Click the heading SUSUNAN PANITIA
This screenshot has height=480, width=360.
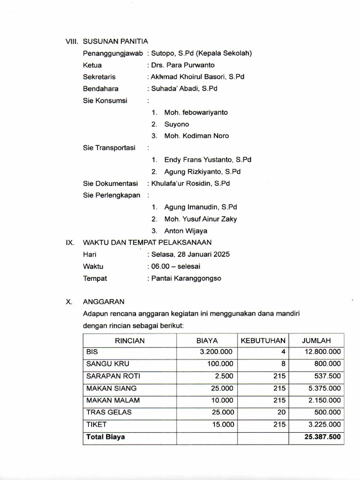tap(116, 41)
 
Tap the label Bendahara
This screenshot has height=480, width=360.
tap(101, 89)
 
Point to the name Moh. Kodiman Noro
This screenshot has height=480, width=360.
tap(196, 136)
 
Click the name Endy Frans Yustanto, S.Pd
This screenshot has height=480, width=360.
tap(208, 160)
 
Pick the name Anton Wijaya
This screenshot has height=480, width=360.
tap(186, 231)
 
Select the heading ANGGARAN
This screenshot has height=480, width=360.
tap(104, 302)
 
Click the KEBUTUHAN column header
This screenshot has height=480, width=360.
tap(263, 341)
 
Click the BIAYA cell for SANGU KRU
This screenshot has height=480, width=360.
tap(220, 364)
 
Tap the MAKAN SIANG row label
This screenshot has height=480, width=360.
tap(112, 388)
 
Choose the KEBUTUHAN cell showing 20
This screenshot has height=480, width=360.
tap(281, 412)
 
